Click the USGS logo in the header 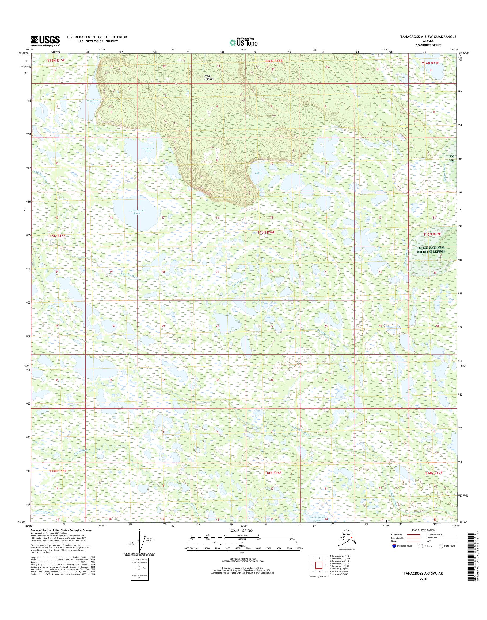45,41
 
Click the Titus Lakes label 258,172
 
